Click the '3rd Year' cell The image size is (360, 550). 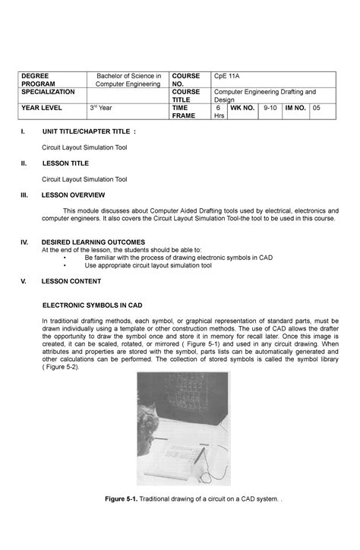click(102, 109)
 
